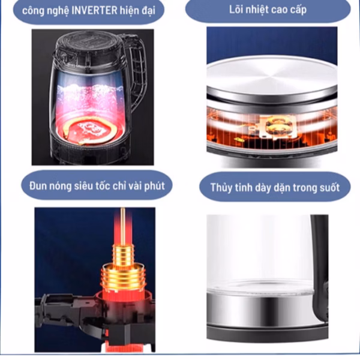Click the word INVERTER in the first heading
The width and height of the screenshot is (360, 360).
pos(94,11)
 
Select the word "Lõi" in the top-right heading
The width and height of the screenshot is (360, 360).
pos(236,10)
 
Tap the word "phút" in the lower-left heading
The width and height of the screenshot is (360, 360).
pos(155,186)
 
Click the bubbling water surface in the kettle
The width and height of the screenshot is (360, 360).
pos(90,89)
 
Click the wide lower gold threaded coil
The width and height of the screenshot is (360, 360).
pos(123,277)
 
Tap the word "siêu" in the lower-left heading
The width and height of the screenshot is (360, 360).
pos(84,186)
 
